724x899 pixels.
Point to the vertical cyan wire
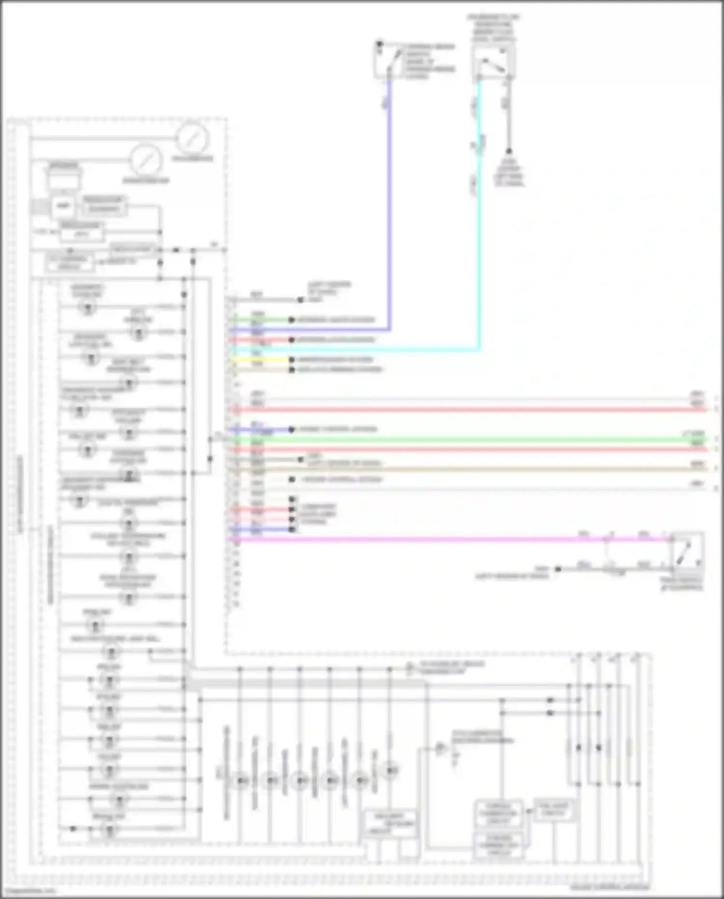tap(480, 217)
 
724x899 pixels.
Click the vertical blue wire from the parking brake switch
tap(389, 203)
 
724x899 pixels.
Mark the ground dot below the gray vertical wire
tap(509, 151)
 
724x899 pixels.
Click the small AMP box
tap(63, 206)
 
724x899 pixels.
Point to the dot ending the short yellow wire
tap(292, 360)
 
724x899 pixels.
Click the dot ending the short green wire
tap(292, 320)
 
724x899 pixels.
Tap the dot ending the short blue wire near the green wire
tap(292, 429)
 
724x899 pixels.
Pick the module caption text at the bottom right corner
tap(610, 887)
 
